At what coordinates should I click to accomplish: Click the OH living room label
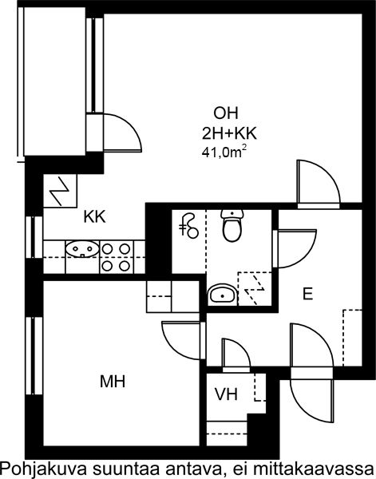click(x=226, y=113)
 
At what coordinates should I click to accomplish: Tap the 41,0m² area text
click(x=224, y=152)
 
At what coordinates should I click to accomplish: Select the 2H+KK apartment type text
click(x=229, y=133)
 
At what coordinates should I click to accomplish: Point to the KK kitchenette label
click(x=95, y=216)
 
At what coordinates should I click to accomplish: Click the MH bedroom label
click(x=113, y=382)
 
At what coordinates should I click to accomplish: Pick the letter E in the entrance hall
click(x=307, y=294)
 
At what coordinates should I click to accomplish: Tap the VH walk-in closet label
click(x=226, y=394)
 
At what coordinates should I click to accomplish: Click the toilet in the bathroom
click(x=232, y=225)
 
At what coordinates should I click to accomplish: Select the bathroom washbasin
click(x=223, y=295)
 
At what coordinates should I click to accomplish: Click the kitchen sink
click(x=82, y=249)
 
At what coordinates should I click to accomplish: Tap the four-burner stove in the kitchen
click(x=117, y=257)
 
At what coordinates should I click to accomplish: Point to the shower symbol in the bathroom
click(x=188, y=225)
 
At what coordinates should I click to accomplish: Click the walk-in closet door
click(x=236, y=355)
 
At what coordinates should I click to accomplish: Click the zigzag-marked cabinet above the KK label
click(x=60, y=191)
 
